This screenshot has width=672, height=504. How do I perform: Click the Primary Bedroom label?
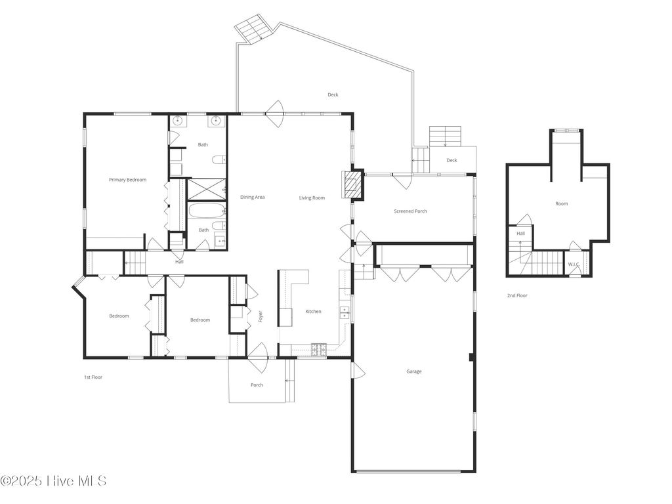(x=127, y=180)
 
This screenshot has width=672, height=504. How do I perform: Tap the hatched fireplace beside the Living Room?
(x=354, y=184)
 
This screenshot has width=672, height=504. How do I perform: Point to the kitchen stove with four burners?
(x=319, y=350)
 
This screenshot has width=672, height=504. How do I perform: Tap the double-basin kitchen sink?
(x=345, y=313)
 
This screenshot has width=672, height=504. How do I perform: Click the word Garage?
(x=413, y=371)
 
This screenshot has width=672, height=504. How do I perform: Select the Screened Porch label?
(x=410, y=211)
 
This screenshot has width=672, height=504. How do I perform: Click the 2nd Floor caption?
(x=516, y=296)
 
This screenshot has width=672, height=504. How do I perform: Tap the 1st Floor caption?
(x=93, y=377)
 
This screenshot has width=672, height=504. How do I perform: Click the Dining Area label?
(x=252, y=198)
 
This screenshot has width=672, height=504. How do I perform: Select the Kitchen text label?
(x=313, y=311)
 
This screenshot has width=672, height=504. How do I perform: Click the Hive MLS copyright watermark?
(x=53, y=481)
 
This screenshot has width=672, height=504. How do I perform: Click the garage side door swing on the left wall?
(x=358, y=371)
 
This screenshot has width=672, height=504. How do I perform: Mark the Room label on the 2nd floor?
(x=561, y=204)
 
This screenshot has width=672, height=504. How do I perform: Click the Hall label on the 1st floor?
(x=179, y=262)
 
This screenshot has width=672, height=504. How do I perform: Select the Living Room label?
(x=312, y=198)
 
